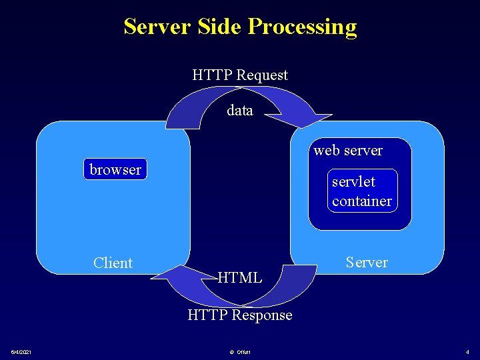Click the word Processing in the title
point(302,27)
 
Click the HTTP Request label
point(240,75)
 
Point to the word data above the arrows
point(240,111)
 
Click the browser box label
point(115,169)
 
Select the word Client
point(113,263)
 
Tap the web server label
point(348,151)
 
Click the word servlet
point(353,181)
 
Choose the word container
point(362,201)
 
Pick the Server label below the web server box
point(367,262)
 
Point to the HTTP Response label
point(240,315)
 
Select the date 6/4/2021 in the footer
point(24,352)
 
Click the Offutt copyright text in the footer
point(241,352)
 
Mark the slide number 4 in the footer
point(467,352)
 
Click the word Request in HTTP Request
point(262,75)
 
